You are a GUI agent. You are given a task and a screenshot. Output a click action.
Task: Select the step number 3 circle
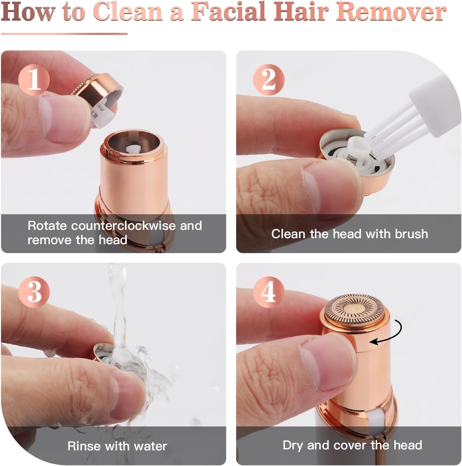pyautogui.click(x=34, y=292)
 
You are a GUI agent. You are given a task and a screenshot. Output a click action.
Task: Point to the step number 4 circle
pyautogui.click(x=269, y=292)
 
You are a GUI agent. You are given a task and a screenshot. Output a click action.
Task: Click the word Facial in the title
pyautogui.click(x=229, y=12)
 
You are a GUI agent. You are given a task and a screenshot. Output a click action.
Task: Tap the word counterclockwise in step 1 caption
pyautogui.click(x=123, y=226)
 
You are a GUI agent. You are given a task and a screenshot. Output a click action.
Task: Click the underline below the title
pyautogui.click(x=64, y=34)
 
